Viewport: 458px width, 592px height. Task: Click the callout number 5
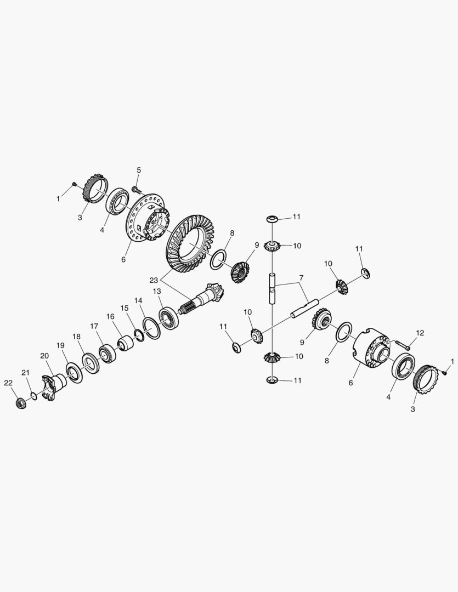pyautogui.click(x=139, y=170)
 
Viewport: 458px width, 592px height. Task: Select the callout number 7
pyautogui.click(x=301, y=278)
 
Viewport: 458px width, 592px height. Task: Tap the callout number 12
pyautogui.click(x=420, y=333)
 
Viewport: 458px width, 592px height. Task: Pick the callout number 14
pyautogui.click(x=138, y=300)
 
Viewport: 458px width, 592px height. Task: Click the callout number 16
pyautogui.click(x=110, y=316)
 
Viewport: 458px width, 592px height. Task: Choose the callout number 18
pyautogui.click(x=77, y=336)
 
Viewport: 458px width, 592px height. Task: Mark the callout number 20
pyautogui.click(x=44, y=356)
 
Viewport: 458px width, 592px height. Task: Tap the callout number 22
pyautogui.click(x=8, y=383)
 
